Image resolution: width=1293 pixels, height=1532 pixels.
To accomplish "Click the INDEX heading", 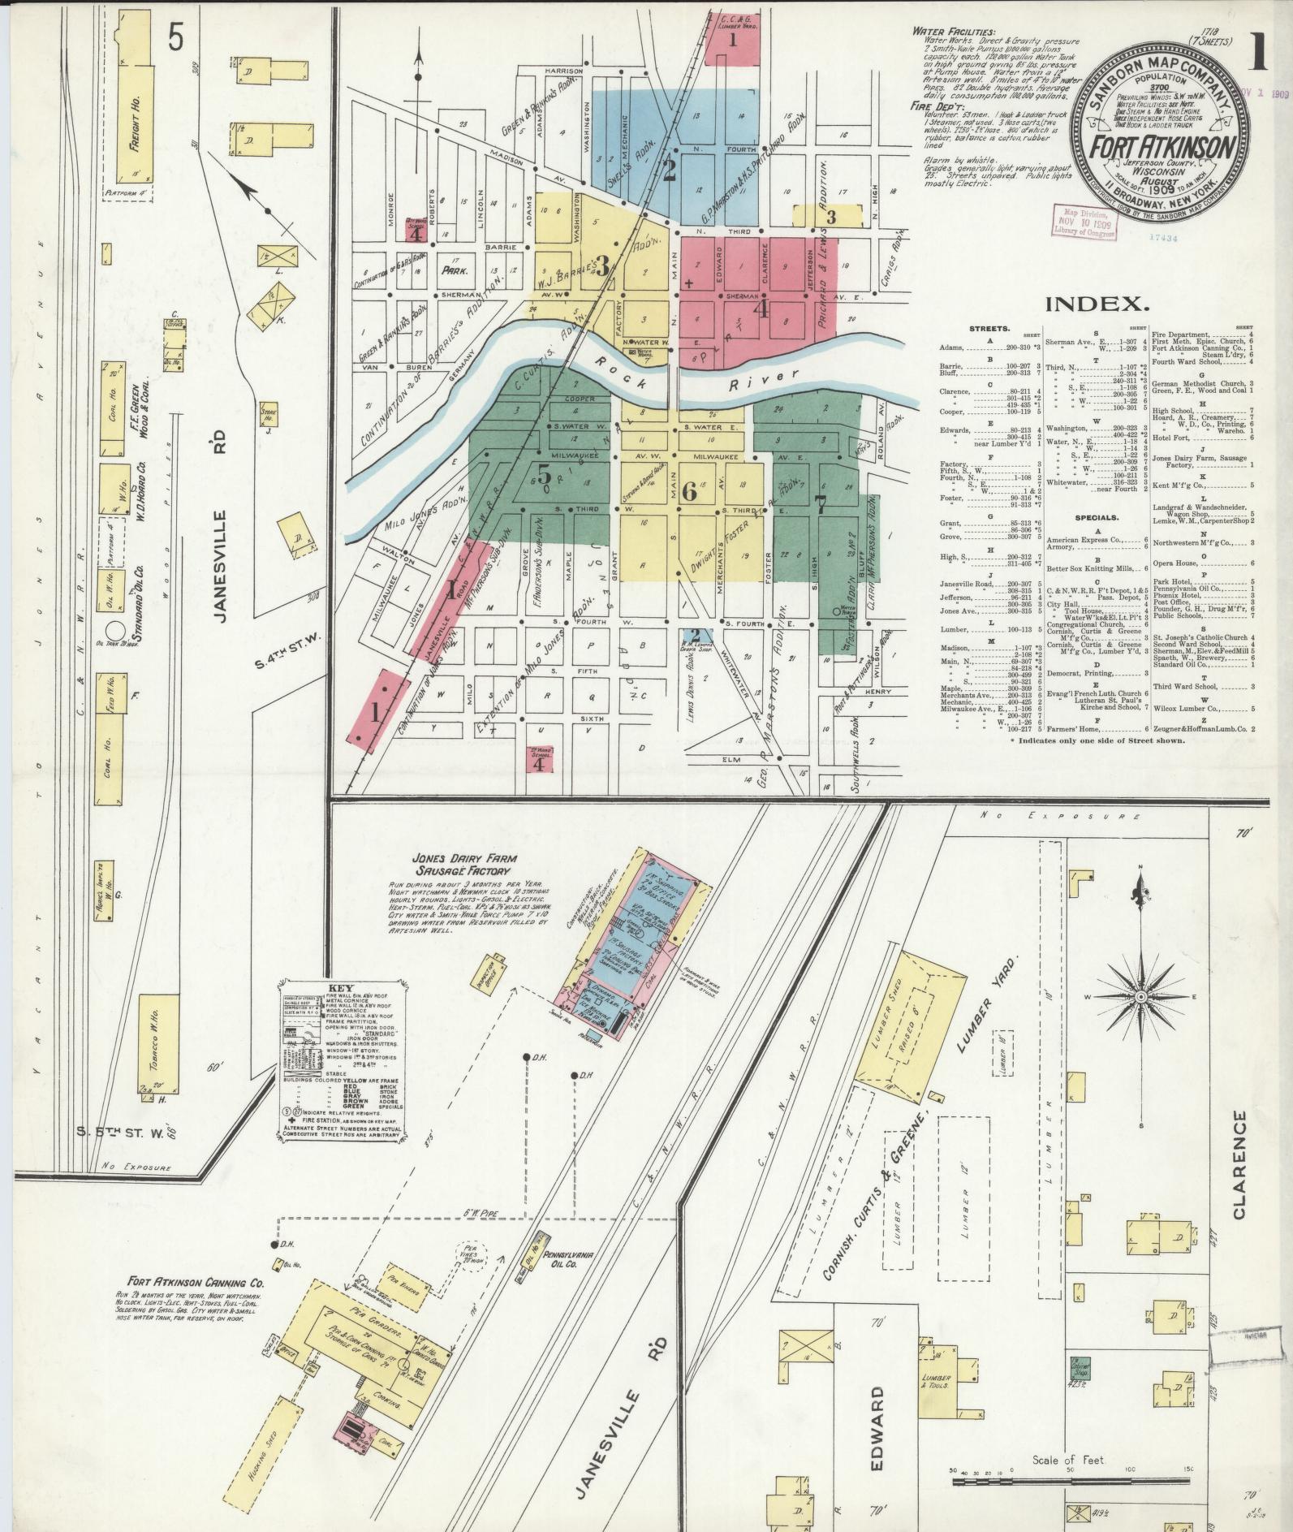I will click(x=1097, y=304).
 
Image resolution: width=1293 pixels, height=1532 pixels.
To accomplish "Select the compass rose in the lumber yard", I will click(x=1140, y=995).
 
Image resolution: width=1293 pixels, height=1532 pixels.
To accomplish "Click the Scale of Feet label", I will click(x=1068, y=1460).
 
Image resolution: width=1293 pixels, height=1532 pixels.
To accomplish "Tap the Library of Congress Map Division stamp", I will click(x=1083, y=221).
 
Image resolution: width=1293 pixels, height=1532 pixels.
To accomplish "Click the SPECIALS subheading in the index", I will click(x=1096, y=517).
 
